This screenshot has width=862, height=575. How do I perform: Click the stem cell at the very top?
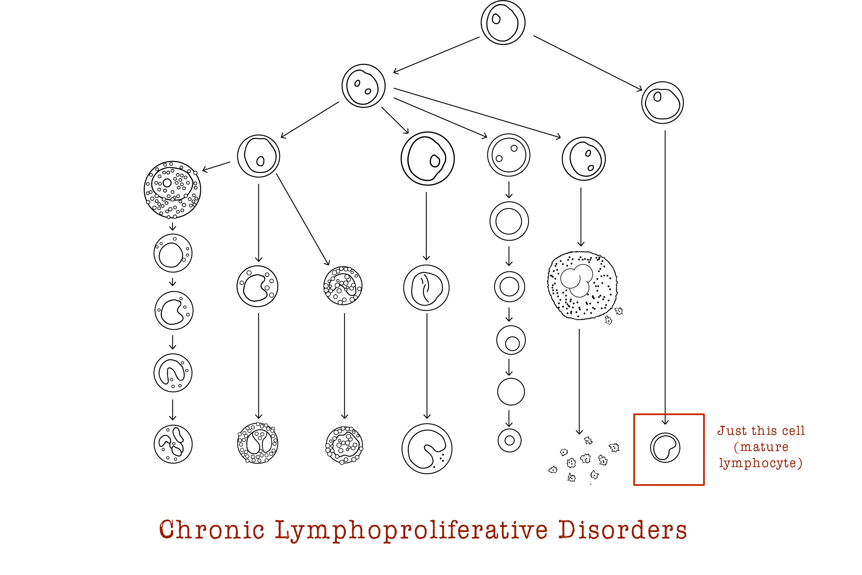(x=503, y=22)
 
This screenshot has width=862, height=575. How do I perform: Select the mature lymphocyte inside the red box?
(x=665, y=447)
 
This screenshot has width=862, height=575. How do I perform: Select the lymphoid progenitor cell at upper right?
(x=662, y=102)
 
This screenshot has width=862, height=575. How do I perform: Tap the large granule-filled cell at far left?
(x=172, y=189)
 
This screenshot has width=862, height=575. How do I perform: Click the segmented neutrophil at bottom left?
(x=173, y=444)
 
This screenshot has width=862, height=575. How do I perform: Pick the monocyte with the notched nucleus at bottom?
(x=427, y=448)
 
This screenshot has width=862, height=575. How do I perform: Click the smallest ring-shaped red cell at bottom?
(x=509, y=440)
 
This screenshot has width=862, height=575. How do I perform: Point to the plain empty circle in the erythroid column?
(x=511, y=392)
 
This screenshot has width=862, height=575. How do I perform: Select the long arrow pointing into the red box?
(x=665, y=275)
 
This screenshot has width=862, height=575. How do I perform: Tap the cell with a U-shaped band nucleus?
(x=173, y=373)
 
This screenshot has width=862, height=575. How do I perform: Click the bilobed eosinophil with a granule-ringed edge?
(x=258, y=443)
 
